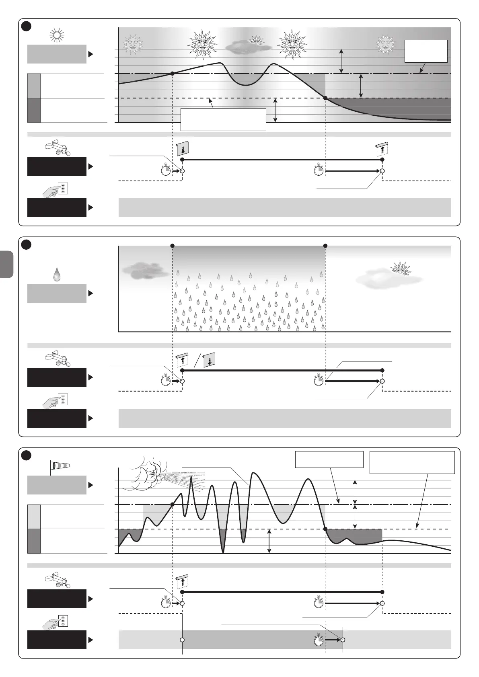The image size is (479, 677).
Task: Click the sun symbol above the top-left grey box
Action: [57, 36]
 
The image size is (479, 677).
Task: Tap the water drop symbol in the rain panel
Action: [57, 275]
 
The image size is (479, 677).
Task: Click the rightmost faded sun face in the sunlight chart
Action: [386, 44]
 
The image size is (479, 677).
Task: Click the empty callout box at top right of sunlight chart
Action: [426, 51]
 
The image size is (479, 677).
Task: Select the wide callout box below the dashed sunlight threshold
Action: [223, 119]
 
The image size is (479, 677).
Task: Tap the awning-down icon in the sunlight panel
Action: [183, 148]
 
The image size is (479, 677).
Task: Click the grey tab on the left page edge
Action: [7, 264]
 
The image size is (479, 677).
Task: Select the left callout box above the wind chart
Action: [329, 460]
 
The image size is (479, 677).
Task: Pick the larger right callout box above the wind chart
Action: [412, 462]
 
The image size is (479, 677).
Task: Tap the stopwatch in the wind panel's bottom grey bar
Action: [319, 639]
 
